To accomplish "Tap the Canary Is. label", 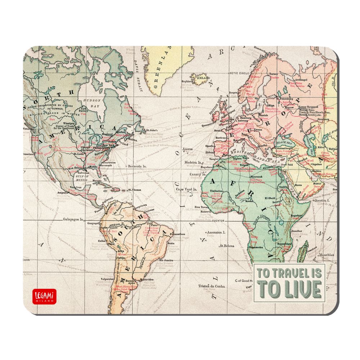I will [196, 174].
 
